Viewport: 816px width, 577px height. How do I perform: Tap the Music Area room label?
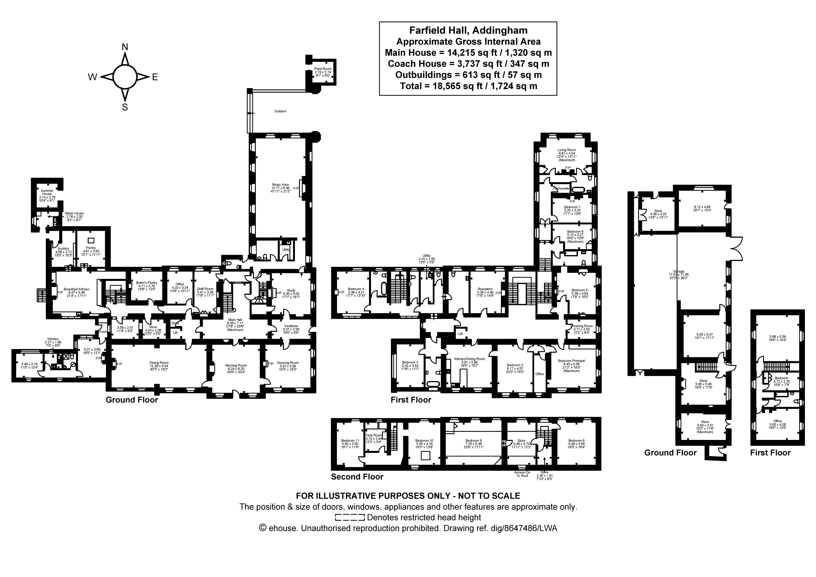(x=280, y=185)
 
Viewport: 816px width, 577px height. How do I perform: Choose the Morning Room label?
(x=236, y=365)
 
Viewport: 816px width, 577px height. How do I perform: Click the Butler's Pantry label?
(x=146, y=283)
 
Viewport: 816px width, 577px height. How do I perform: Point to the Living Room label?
(x=566, y=150)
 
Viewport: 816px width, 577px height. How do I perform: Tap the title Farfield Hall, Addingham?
(x=468, y=31)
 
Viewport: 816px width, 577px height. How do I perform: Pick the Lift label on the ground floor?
(x=175, y=333)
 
